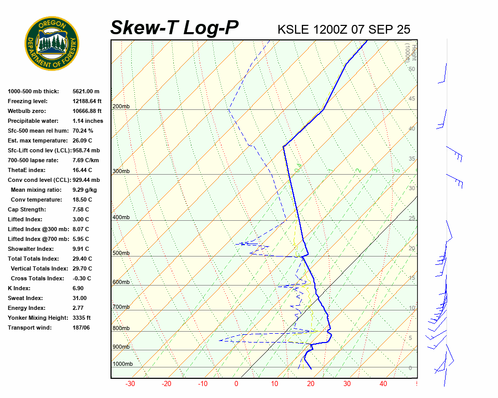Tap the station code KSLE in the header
click(x=294, y=30)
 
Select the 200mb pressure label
click(x=121, y=107)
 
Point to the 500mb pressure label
click(x=121, y=253)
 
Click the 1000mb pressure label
click(x=122, y=364)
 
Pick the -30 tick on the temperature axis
click(x=130, y=384)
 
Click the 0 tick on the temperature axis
click(x=237, y=384)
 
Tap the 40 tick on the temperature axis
click(x=383, y=384)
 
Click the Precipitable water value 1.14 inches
click(x=88, y=121)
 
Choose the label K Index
click(x=19, y=288)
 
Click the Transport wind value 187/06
click(x=81, y=328)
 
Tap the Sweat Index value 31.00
click(x=80, y=298)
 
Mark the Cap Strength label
click(x=26, y=209)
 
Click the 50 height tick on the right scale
click(x=412, y=69)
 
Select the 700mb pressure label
click(x=121, y=307)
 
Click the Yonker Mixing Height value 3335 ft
click(x=82, y=318)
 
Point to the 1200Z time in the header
click(x=330, y=30)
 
